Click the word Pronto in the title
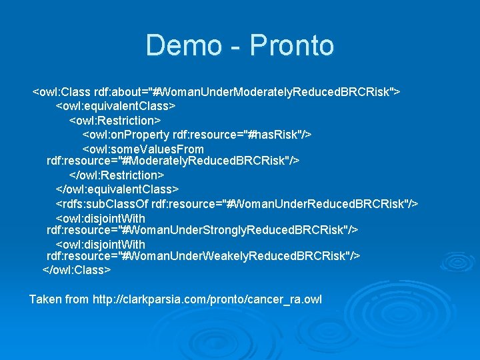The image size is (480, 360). click(292, 45)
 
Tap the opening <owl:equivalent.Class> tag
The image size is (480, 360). click(115, 106)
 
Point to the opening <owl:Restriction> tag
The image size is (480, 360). click(115, 120)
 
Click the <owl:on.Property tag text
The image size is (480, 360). click(126, 135)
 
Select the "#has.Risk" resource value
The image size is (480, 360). click(275, 135)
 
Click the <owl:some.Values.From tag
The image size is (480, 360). click(143, 149)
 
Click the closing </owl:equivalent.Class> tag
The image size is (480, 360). click(117, 189)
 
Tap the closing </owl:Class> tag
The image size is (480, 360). click(77, 270)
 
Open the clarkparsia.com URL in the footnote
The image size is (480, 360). click(207, 299)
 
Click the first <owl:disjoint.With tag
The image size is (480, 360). click(100, 219)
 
